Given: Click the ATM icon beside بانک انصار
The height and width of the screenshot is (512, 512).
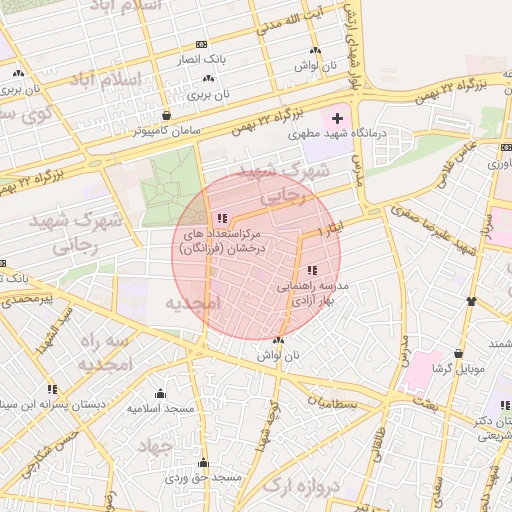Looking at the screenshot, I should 203,45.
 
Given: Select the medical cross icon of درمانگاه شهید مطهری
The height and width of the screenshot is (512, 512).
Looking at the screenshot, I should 336,119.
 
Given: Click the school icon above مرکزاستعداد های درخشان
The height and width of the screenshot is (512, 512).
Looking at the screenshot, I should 222,218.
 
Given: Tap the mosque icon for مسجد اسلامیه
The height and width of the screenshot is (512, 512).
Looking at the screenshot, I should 160,393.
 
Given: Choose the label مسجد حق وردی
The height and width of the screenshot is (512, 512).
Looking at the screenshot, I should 204,478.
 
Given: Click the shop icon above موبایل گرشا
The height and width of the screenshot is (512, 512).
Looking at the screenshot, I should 458,353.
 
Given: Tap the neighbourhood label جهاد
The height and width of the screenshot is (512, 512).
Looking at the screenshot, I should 155,443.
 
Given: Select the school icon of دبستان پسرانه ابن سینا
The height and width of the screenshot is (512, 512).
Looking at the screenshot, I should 52,388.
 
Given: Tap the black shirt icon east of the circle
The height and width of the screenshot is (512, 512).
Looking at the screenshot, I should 471,301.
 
